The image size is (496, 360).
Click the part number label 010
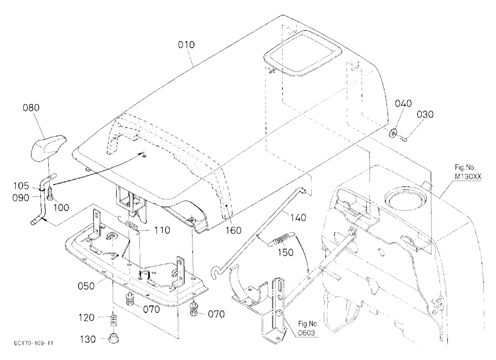click(x=186, y=45)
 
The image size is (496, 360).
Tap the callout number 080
click(x=31, y=108)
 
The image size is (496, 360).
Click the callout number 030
click(x=425, y=114)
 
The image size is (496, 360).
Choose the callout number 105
click(x=21, y=185)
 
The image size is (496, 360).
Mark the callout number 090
click(x=20, y=198)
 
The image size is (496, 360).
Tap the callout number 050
click(x=86, y=286)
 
